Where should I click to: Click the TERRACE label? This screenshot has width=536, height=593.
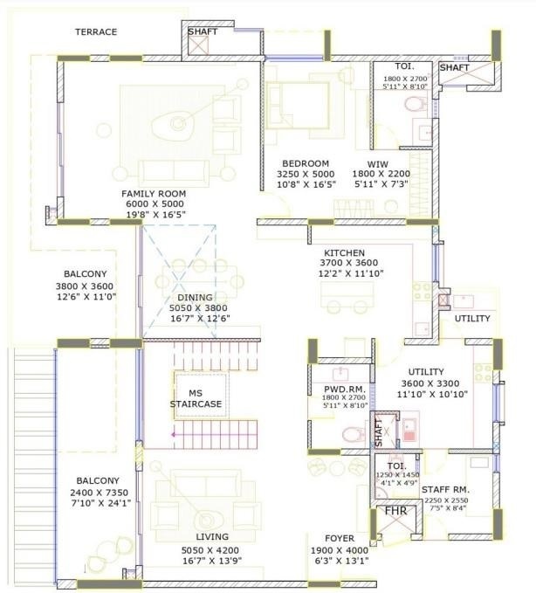point(95,31)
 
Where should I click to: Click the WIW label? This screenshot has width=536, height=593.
point(376,163)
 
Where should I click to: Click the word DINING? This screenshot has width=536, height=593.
point(195,297)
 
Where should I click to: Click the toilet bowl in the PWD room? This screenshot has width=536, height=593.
point(351,432)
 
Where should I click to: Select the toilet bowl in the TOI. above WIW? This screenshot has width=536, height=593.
point(416,104)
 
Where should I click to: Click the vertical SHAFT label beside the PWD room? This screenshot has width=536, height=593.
point(378,431)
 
